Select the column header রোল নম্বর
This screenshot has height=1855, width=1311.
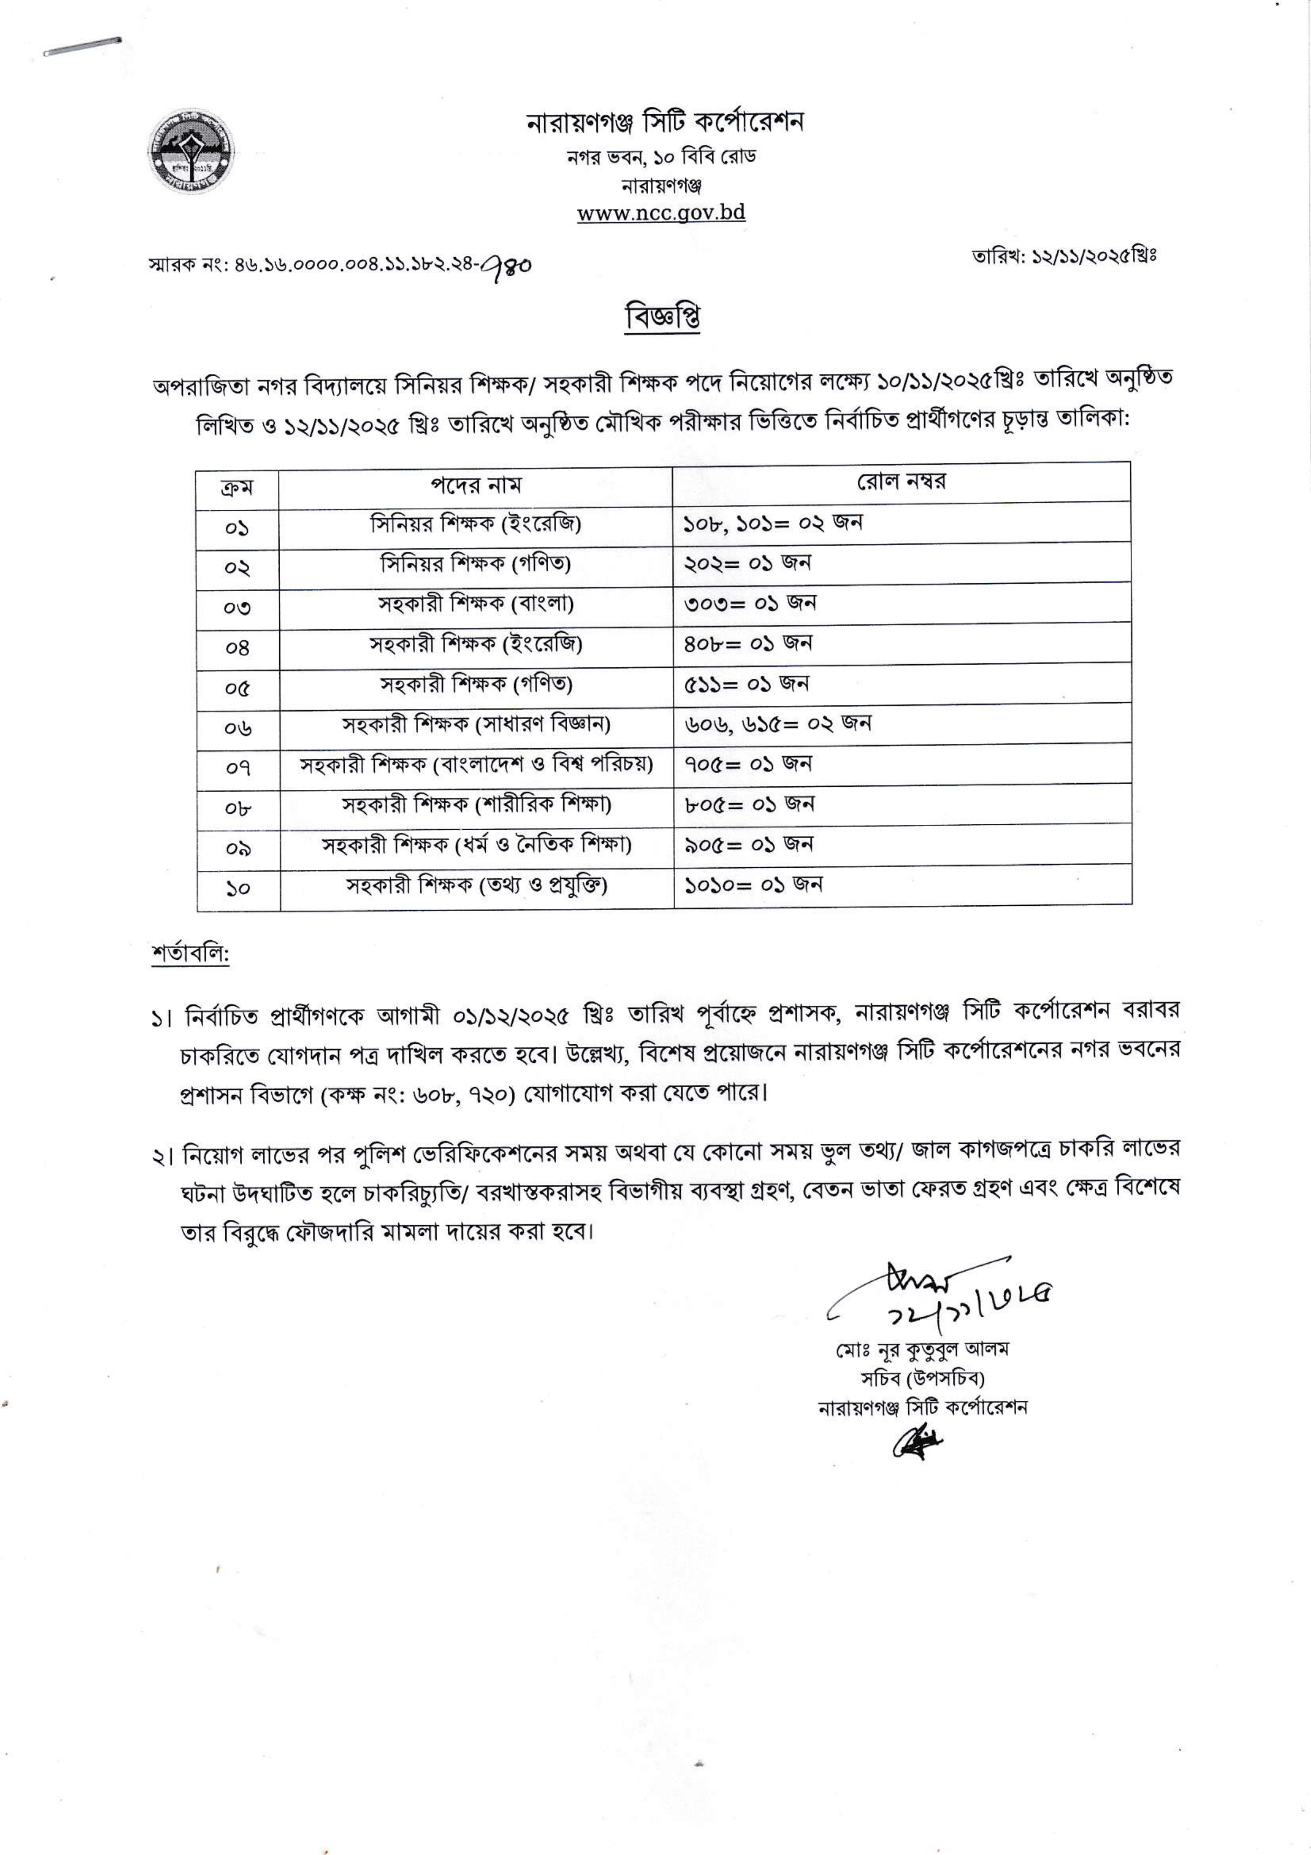pos(901,482)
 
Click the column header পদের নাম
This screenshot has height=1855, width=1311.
pos(476,485)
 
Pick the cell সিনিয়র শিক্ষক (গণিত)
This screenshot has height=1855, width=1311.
pos(476,564)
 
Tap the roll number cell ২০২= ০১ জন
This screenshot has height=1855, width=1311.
pos(747,563)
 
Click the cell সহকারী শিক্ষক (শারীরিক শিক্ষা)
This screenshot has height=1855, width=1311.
pos(476,805)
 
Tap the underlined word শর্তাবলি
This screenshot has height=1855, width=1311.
pos(191,954)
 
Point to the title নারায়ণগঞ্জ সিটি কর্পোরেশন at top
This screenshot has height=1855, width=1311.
pos(664,123)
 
